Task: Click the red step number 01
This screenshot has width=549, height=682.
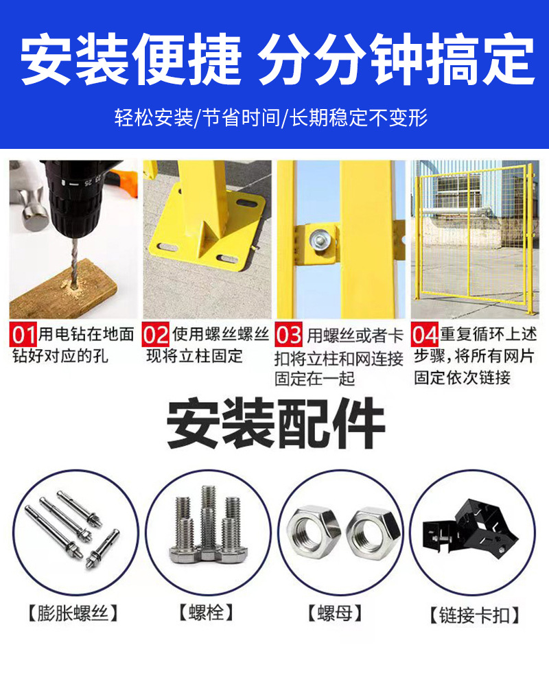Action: (25, 336)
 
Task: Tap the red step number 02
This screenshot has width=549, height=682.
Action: (156, 336)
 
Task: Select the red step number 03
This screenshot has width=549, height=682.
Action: (289, 336)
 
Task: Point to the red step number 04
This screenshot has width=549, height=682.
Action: (425, 336)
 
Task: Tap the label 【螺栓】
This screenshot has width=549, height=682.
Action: (206, 612)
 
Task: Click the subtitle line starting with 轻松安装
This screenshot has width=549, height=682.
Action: (271, 117)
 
